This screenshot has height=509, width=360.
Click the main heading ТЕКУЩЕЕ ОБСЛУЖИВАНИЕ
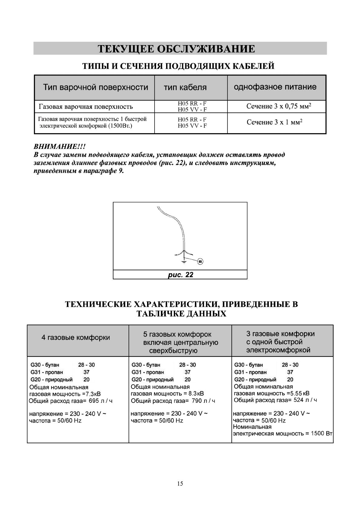(x=176, y=49)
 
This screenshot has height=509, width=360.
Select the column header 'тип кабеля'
(x=185, y=87)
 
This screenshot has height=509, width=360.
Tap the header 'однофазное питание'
(x=275, y=87)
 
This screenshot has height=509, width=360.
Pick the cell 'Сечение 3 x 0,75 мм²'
(x=279, y=106)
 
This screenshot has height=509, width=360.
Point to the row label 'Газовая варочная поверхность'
(x=86, y=107)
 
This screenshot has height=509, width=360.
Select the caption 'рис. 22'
(x=180, y=275)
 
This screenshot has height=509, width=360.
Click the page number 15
(x=180, y=484)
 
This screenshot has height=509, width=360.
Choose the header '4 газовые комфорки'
(x=76, y=337)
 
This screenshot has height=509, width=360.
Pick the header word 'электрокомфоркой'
(x=278, y=350)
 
